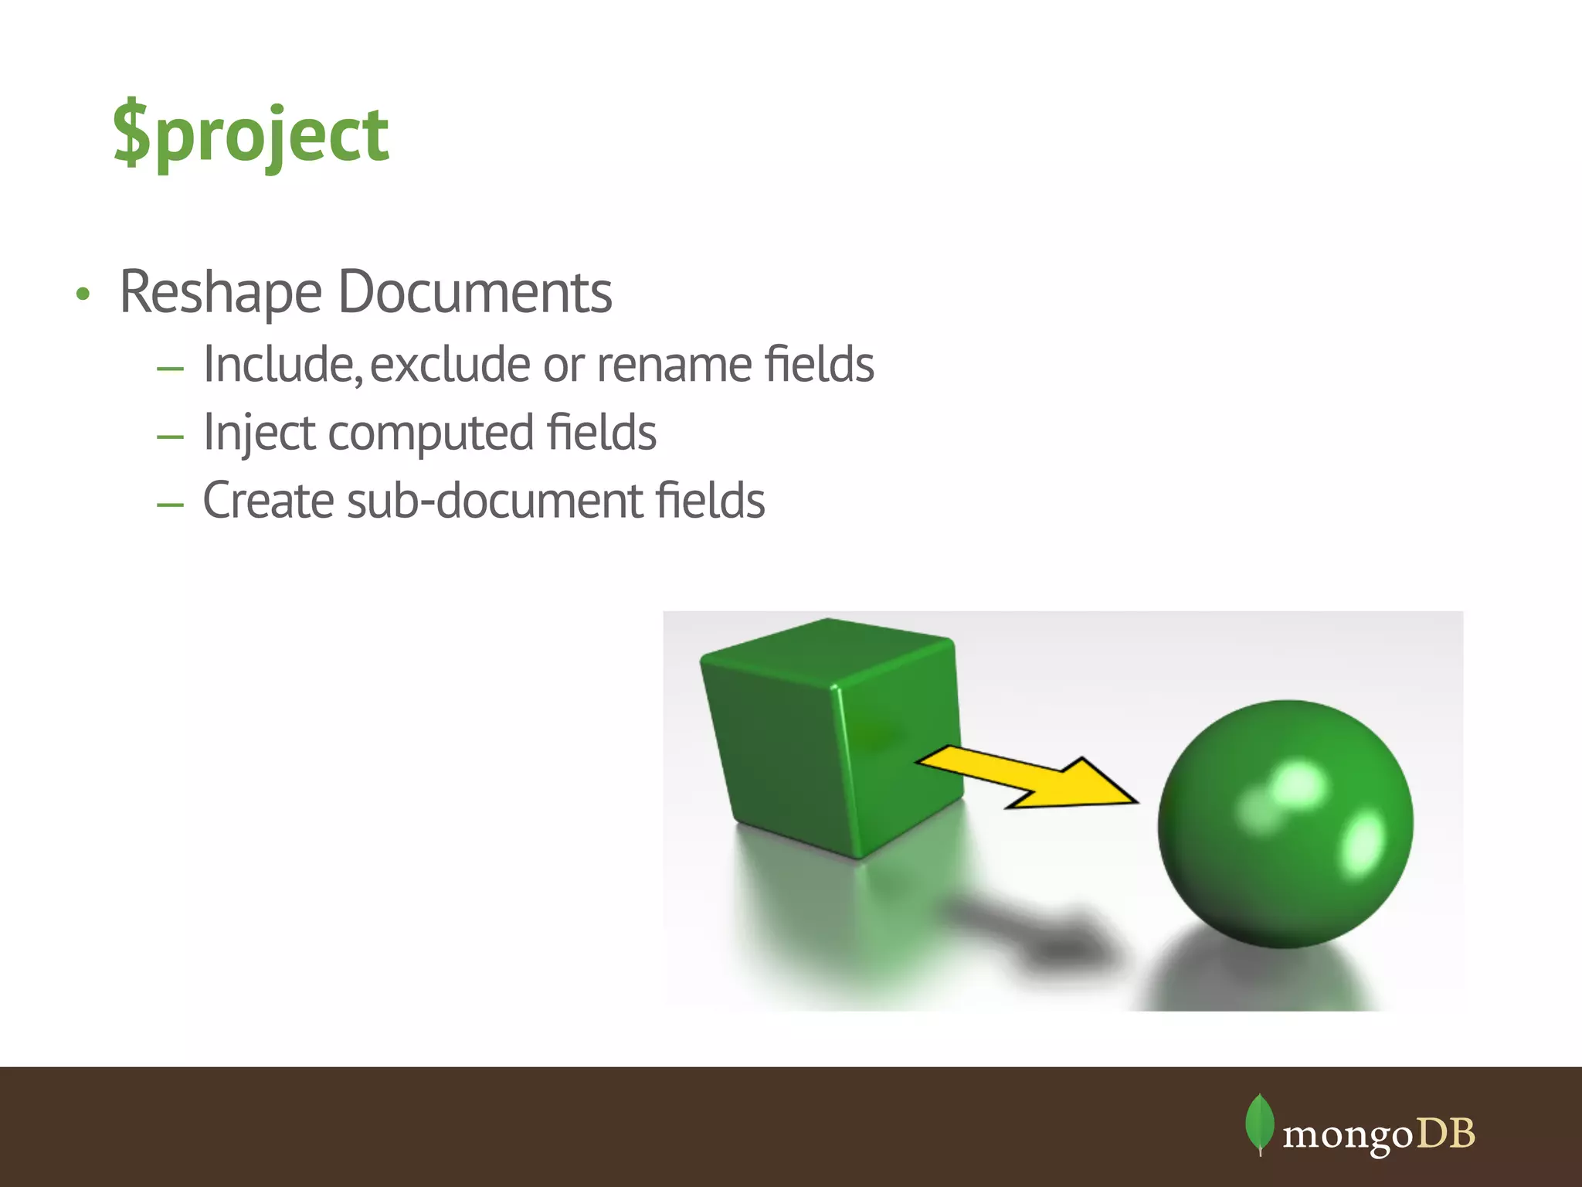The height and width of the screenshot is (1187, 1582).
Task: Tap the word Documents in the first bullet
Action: pyautogui.click(x=475, y=292)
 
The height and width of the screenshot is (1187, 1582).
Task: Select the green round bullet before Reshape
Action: pyautogui.click(x=83, y=294)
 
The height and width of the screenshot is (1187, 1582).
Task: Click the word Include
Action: pyautogui.click(x=282, y=364)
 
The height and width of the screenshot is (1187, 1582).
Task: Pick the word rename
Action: pyautogui.click(x=674, y=364)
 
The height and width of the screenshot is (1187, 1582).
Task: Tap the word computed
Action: pyautogui.click(x=430, y=433)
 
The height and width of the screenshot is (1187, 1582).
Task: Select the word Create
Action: pyautogui.click(x=269, y=501)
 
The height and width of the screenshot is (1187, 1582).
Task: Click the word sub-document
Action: pyautogui.click(x=495, y=501)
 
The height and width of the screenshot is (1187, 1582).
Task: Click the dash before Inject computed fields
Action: pyautogui.click(x=170, y=437)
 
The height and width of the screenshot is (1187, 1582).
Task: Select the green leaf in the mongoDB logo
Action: pyautogui.click(x=1259, y=1122)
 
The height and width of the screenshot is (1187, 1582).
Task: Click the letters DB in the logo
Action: pyautogui.click(x=1446, y=1134)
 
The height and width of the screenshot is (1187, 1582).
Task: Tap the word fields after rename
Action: pyautogui.click(x=819, y=364)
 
